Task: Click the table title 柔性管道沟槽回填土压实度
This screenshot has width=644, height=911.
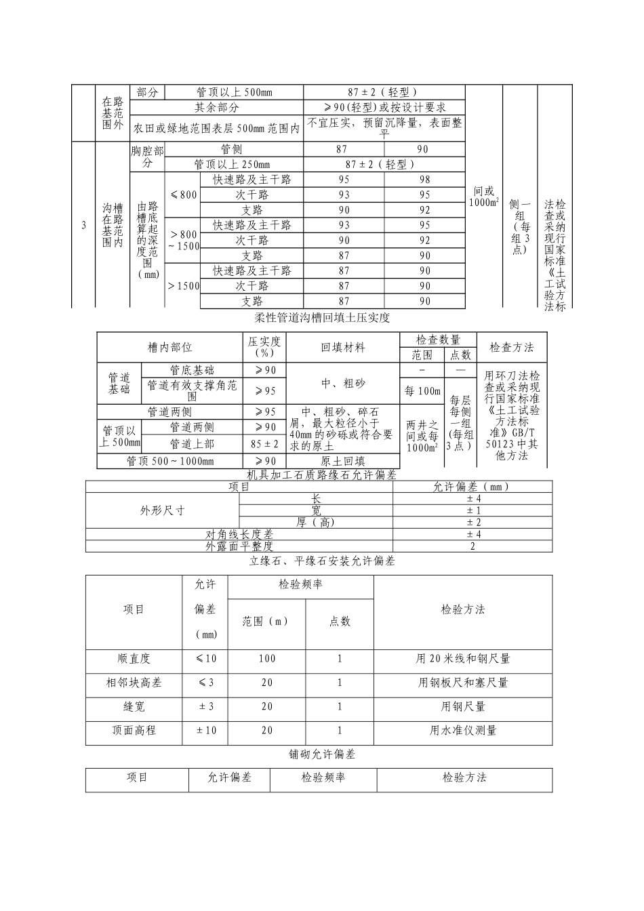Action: pos(322,317)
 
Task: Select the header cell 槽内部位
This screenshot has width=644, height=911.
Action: pos(169,348)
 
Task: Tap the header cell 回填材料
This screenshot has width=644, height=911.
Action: pos(342,348)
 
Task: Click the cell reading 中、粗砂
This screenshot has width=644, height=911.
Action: pos(342,383)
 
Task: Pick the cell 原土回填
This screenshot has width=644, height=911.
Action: pos(342,462)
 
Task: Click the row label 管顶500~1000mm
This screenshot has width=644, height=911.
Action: pos(169,462)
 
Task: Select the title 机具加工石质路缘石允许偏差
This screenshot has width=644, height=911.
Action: pos(322,475)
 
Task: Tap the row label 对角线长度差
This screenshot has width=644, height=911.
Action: pos(239,535)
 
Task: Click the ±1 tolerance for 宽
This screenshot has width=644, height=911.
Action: pos(472,510)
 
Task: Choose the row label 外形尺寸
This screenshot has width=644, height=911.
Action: pos(162,510)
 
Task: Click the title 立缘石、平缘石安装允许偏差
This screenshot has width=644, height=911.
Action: pos(322,561)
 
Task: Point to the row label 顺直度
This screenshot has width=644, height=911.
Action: pos(134,658)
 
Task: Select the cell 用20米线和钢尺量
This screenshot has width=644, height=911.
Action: pos(463,658)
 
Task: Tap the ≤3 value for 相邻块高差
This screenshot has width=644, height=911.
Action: pos(205,683)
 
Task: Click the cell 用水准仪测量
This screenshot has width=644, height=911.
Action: pos(463,731)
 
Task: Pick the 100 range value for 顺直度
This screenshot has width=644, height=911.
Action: pos(267,658)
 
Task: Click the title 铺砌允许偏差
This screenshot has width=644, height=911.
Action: pos(322,754)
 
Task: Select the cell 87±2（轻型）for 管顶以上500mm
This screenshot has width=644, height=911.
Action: pos(384,92)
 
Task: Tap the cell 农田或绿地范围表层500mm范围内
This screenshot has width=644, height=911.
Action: pos(216,127)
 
